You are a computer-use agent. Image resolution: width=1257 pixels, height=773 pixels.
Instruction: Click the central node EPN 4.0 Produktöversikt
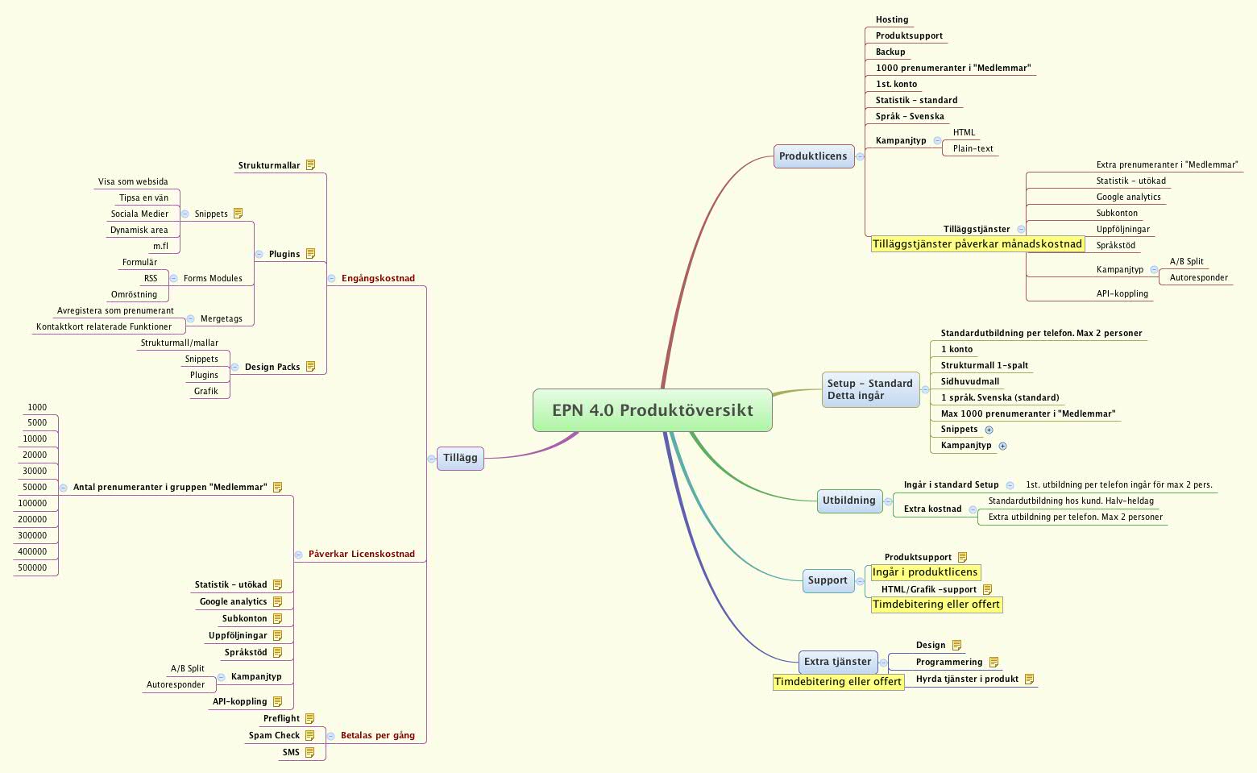pyautogui.click(x=653, y=410)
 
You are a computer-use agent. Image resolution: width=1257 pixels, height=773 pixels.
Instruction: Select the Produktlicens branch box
pyautogui.click(x=813, y=156)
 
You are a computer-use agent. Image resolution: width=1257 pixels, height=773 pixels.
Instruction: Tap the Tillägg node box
pyautogui.click(x=460, y=458)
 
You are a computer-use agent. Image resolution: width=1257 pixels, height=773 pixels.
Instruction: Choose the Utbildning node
pyautogui.click(x=848, y=501)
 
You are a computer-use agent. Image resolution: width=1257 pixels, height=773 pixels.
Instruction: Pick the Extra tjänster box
pyautogui.click(x=837, y=662)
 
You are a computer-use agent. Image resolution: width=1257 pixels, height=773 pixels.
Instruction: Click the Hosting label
pyautogui.click(x=892, y=19)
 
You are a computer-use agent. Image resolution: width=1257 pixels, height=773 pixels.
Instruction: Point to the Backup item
pyautogui.click(x=890, y=52)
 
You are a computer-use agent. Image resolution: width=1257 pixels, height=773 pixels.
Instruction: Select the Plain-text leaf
pyautogui.click(x=973, y=148)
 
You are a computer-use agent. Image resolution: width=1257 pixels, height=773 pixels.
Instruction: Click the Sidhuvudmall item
pyautogui.click(x=969, y=381)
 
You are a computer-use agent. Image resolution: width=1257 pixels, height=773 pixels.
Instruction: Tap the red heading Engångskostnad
pyautogui.click(x=378, y=278)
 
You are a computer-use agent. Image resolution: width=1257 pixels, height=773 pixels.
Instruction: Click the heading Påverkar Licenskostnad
pyautogui.click(x=362, y=554)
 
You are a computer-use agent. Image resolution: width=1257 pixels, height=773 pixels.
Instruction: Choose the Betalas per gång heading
pyautogui.click(x=378, y=735)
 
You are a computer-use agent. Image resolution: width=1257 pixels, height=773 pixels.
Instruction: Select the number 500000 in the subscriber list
pyautogui.click(x=32, y=567)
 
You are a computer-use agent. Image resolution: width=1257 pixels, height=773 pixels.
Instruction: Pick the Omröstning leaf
pyautogui.click(x=134, y=294)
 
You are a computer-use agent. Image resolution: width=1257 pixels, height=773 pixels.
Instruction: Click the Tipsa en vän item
pyautogui.click(x=143, y=197)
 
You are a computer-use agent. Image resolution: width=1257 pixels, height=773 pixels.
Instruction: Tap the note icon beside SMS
pyautogui.click(x=309, y=752)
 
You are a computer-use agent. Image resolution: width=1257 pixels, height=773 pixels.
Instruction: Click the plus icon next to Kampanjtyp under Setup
pyautogui.click(x=1002, y=446)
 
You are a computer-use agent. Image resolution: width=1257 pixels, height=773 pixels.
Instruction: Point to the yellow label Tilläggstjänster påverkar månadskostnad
pyautogui.click(x=977, y=244)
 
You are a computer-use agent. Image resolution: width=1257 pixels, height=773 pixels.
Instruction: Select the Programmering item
pyautogui.click(x=948, y=662)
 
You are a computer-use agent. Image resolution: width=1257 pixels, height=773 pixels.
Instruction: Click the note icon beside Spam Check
pyautogui.click(x=309, y=735)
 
